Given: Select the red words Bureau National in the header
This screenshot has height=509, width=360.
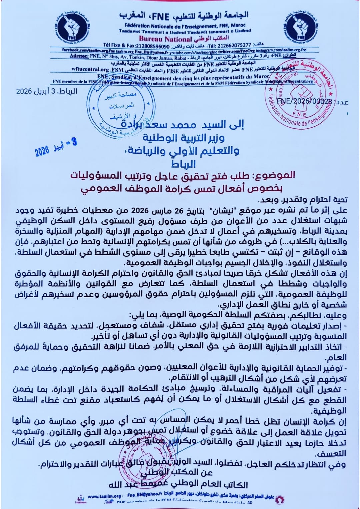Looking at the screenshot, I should [x=166, y=39].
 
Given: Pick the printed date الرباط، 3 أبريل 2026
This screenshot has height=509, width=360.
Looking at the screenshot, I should [x=47, y=91].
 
